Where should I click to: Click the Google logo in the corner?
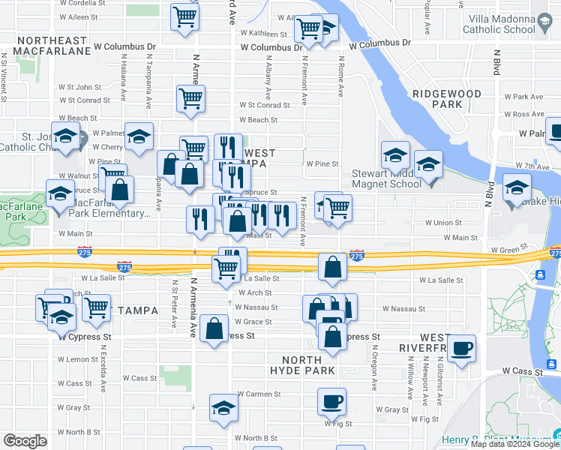(x=25, y=441)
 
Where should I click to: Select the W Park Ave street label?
(x=523, y=97)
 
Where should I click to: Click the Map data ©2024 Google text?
(x=514, y=444)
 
